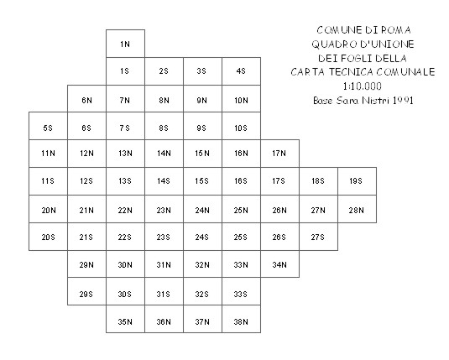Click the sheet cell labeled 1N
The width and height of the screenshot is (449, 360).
click(125, 44)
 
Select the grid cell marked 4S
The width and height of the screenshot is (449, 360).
click(241, 71)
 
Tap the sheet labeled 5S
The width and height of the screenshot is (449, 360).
click(48, 126)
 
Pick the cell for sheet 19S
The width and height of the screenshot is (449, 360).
click(357, 181)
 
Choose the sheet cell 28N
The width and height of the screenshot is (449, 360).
click(357, 209)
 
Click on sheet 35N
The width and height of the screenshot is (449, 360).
click(125, 319)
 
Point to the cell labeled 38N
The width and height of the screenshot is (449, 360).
click(241, 319)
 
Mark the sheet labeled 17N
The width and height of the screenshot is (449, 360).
click(279, 154)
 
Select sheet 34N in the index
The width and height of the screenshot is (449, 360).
click(279, 264)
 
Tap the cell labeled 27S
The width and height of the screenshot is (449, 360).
click(318, 237)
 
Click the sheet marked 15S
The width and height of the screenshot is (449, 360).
click(202, 181)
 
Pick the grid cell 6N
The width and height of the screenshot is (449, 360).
click(86, 99)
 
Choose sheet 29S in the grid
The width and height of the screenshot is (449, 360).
click(86, 291)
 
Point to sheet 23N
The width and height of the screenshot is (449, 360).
click(164, 209)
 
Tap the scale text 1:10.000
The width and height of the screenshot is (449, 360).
click(363, 86)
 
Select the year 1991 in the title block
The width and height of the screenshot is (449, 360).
click(403, 101)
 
